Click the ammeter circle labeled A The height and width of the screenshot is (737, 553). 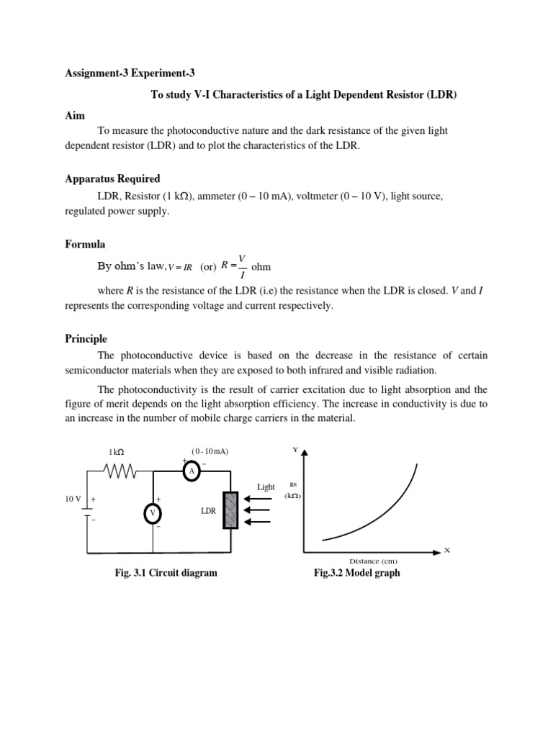pos(191,471)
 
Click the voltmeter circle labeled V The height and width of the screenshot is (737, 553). pos(152,513)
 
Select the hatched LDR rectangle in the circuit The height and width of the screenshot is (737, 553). pos(230,510)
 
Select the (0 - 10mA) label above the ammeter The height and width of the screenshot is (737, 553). pos(210,451)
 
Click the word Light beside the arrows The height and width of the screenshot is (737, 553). pos(266,487)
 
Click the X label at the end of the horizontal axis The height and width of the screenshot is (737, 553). pos(446,550)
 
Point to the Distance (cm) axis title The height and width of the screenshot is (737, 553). pos(373,561)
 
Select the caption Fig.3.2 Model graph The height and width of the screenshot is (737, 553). pos(356,574)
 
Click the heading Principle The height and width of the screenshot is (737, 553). pos(86,338)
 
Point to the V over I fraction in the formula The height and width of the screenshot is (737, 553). pos(242,266)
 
